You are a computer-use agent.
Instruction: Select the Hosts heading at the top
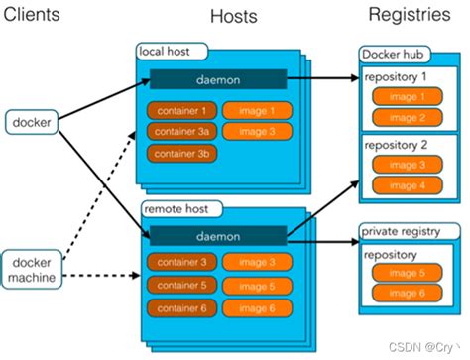click(234, 17)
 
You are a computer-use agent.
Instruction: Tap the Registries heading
click(411, 15)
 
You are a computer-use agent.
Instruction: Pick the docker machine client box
click(33, 268)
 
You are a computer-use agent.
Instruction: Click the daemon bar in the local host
click(218, 79)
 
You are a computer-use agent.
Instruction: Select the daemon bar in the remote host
click(218, 234)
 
